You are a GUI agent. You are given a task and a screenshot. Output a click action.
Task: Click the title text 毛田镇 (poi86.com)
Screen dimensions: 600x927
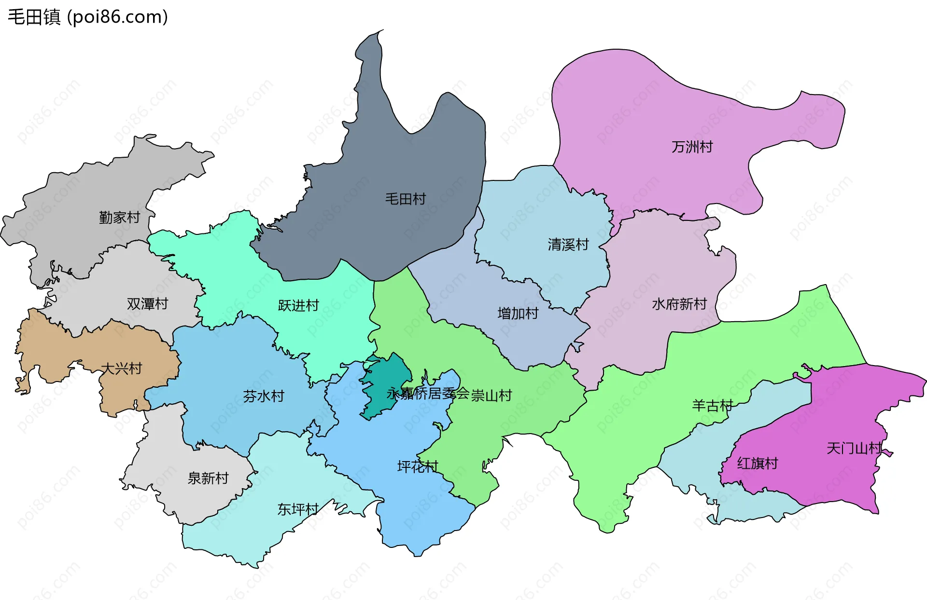[x=88, y=17]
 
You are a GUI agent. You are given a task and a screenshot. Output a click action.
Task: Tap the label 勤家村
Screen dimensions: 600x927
[x=119, y=218]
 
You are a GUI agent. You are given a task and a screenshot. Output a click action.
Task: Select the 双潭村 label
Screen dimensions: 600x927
[x=147, y=304]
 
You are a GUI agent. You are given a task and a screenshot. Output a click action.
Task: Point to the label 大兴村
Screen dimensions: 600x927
[x=121, y=368]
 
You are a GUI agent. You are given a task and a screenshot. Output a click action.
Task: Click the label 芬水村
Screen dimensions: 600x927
[x=264, y=396]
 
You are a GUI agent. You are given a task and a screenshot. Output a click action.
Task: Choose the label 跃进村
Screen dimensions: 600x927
[x=298, y=305]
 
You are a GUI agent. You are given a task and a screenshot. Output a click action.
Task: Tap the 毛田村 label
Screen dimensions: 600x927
[x=405, y=199]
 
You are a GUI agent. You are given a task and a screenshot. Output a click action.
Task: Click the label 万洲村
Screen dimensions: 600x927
[x=692, y=147]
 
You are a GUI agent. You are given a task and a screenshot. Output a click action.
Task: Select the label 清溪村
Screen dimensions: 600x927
[x=568, y=245]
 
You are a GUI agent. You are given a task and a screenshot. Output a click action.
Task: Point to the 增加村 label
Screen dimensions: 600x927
[x=518, y=314]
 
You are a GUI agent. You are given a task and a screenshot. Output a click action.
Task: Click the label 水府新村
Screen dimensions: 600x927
[x=679, y=304]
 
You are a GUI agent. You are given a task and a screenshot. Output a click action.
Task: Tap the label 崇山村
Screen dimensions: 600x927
[x=492, y=395]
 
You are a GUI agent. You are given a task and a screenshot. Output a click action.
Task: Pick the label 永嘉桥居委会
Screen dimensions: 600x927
[x=428, y=394]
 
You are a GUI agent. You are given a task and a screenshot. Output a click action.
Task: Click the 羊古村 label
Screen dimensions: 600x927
[x=712, y=406]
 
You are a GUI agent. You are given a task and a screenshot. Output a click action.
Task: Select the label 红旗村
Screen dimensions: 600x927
[x=757, y=464]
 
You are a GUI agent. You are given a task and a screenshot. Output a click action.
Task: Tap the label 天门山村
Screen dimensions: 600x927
[x=854, y=449]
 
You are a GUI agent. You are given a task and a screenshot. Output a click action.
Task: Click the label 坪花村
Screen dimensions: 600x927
[x=417, y=466]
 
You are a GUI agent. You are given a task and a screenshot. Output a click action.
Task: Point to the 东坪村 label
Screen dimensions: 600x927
[x=298, y=509]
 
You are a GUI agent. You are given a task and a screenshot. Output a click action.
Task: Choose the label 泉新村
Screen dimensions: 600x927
[x=208, y=478]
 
